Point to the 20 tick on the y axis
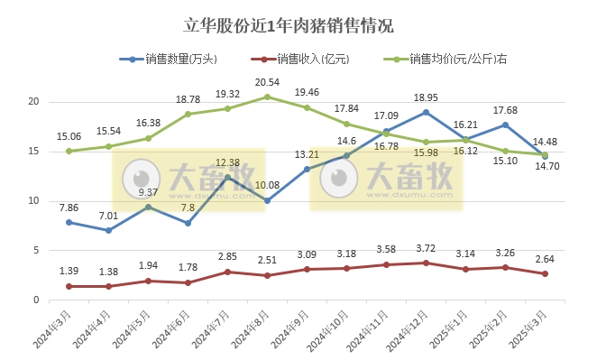[x=35, y=101]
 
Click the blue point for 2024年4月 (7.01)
[x=108, y=230]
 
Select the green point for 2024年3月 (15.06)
[x=69, y=151]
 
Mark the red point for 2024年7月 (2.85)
[x=227, y=272]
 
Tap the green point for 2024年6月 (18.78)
[x=188, y=114]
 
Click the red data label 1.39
[x=69, y=271]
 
